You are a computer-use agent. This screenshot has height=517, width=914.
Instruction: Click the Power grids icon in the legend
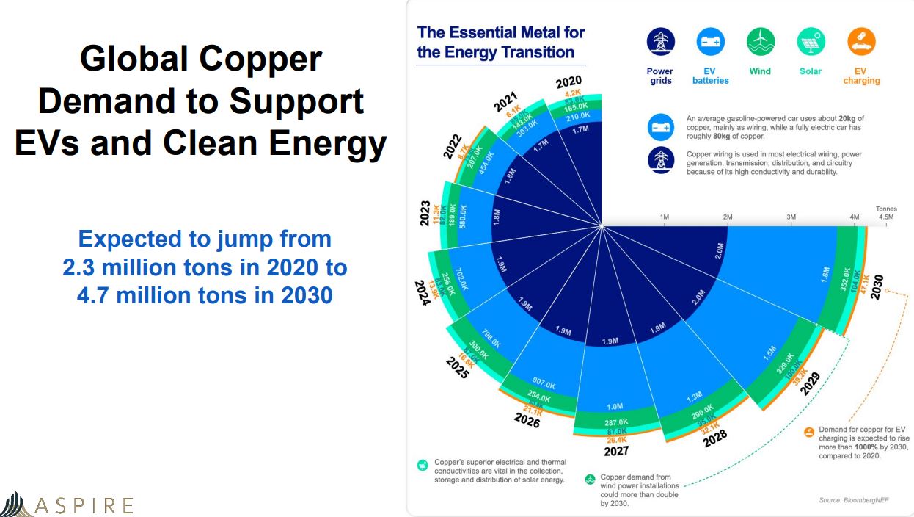pyautogui.click(x=660, y=42)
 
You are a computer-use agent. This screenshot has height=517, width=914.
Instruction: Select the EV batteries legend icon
pyautogui.click(x=710, y=42)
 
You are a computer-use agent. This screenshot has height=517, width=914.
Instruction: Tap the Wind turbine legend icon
pyautogui.click(x=760, y=42)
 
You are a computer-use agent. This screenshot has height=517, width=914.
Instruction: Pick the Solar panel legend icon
pyautogui.click(x=811, y=42)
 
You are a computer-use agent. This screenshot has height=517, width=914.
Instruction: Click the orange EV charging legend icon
pyautogui.click(x=861, y=42)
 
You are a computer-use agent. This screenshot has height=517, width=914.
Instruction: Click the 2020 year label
pyautogui.click(x=568, y=82)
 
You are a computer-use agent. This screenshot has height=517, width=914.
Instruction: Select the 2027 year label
pyautogui.click(x=616, y=451)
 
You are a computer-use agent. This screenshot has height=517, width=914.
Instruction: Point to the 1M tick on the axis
pyautogui.click(x=665, y=217)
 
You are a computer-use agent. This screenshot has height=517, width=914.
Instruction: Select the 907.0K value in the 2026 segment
pyautogui.click(x=544, y=384)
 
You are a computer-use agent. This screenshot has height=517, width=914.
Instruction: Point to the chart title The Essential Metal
pyautogui.click(x=501, y=32)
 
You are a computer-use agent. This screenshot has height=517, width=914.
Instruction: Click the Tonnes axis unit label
pyautogui.click(x=886, y=209)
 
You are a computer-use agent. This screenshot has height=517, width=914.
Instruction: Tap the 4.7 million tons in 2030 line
pyautogui.click(x=205, y=296)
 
